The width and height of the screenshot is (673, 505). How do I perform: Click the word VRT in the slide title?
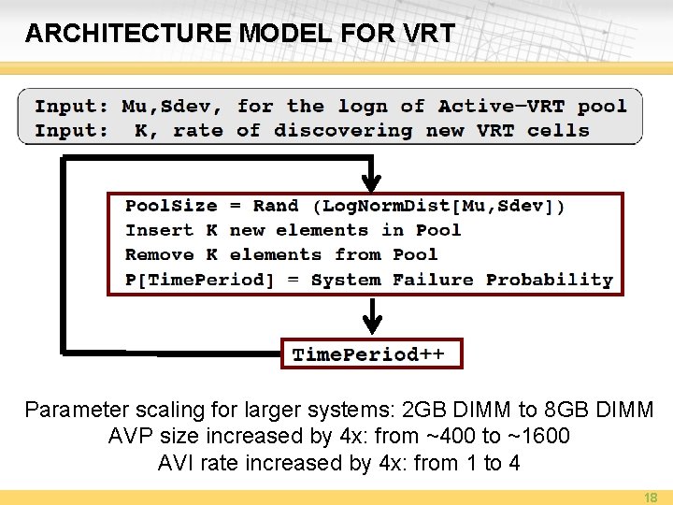[431, 34]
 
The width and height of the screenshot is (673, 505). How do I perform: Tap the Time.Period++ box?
[370, 354]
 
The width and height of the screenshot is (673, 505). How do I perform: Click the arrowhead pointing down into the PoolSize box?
[372, 182]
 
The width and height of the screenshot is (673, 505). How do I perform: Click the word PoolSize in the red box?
[171, 207]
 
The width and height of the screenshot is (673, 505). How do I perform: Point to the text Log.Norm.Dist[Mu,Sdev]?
[439, 207]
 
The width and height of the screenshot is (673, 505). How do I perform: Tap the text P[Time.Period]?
[199, 280]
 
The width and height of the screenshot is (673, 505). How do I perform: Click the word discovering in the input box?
[343, 131]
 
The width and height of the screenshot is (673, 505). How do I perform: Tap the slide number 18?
[651, 498]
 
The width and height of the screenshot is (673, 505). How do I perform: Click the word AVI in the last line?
[178, 463]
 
